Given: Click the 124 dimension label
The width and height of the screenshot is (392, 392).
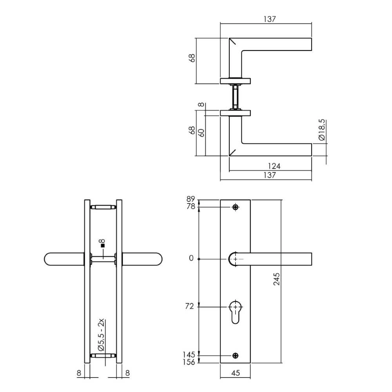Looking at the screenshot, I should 274,167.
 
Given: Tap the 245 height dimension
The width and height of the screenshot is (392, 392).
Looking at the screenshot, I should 277,279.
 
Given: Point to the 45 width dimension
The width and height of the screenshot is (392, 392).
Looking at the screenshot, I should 235,374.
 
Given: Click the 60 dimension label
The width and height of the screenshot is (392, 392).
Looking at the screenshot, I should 201,132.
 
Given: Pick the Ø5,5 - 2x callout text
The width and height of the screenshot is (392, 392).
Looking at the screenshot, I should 101,336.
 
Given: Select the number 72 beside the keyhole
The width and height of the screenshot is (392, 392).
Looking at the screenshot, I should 189,306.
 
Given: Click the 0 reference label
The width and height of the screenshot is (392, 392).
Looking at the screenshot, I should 191,259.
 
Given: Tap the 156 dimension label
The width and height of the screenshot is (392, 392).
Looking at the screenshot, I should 189,362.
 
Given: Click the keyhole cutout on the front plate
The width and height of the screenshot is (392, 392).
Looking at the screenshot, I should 235,312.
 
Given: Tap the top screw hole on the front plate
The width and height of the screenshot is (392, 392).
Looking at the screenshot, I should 235,207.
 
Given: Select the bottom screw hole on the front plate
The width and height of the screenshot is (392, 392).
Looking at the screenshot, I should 235,356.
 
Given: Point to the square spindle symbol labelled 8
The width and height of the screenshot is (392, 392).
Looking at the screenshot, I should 103,245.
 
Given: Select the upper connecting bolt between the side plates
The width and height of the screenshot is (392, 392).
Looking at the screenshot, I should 103,207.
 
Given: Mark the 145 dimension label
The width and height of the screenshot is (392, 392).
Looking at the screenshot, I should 189,355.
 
